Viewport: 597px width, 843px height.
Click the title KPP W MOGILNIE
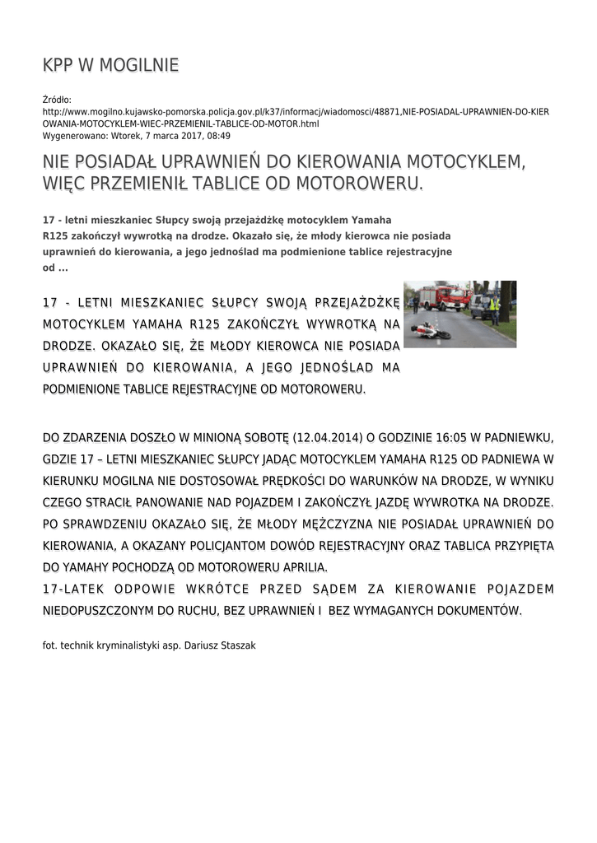tap(110, 65)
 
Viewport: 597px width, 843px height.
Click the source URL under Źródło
tap(296, 117)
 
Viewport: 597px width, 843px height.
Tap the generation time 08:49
tap(219, 135)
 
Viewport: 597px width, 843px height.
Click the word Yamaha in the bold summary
tap(371, 221)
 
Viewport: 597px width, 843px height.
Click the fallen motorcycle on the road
tap(431, 331)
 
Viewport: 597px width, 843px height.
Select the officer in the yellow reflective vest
tap(494, 309)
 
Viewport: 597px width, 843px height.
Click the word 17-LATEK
tap(71, 589)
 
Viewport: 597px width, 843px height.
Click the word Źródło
tap(57, 100)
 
